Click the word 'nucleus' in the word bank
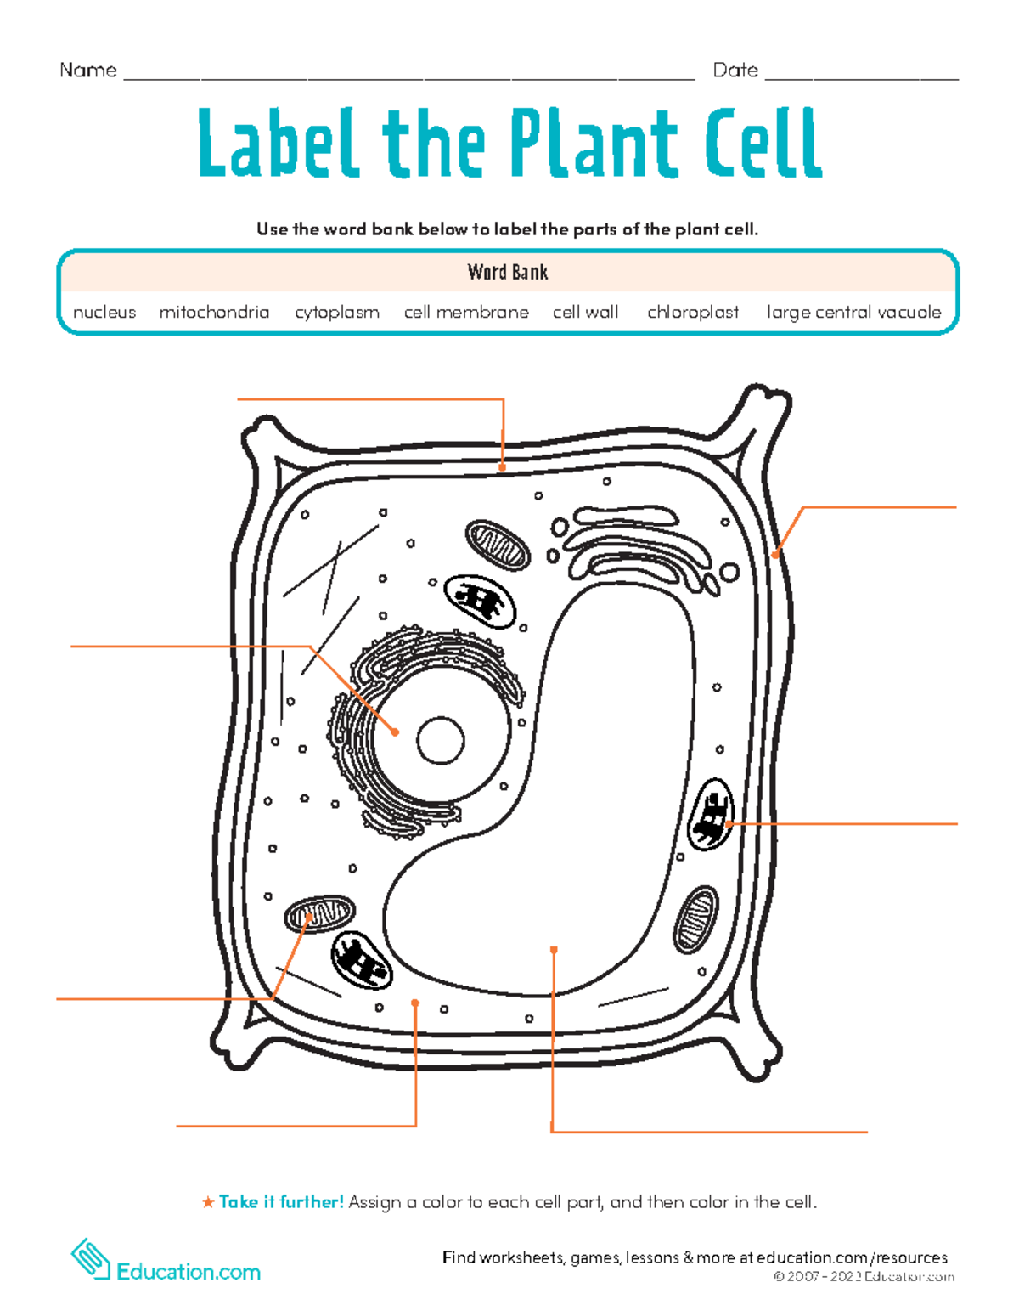(104, 313)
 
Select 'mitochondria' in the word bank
(214, 313)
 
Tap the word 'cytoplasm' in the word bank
(337, 313)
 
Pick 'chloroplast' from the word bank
(693, 313)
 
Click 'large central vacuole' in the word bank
(853, 313)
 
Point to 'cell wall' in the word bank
(586, 313)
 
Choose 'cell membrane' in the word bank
(466, 313)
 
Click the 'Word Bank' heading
(508, 273)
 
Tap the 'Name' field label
(88, 71)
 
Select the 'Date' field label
(735, 71)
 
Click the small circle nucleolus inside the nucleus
(441, 740)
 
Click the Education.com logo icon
(91, 1258)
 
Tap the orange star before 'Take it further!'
(208, 1202)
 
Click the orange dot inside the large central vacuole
(554, 950)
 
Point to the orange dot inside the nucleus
(395, 732)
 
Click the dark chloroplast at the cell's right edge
(710, 815)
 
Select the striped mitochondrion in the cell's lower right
(695, 919)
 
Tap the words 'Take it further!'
(281, 1202)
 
